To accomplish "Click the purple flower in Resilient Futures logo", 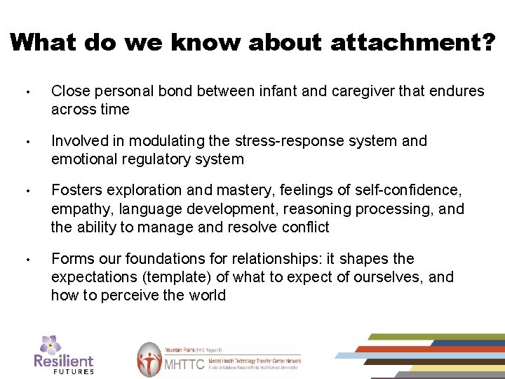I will [x=50, y=344].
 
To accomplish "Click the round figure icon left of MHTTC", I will [x=149, y=359].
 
